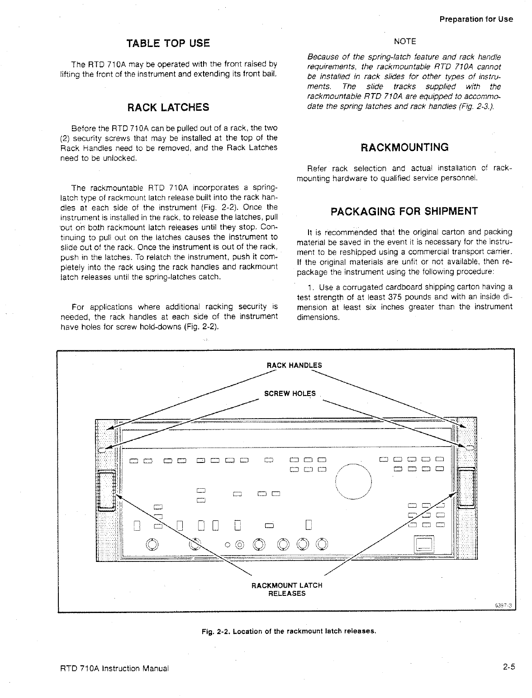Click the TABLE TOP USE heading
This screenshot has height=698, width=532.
point(168,43)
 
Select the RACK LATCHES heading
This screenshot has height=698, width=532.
point(168,108)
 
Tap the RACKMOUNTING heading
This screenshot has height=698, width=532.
point(404,147)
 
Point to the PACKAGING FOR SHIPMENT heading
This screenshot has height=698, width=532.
point(404,212)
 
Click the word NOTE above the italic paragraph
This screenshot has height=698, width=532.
point(404,41)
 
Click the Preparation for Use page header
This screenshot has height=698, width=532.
point(476,19)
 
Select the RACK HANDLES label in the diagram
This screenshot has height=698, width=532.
point(294,365)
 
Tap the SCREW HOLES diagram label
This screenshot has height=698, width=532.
point(290,394)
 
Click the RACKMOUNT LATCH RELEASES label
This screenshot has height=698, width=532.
point(287,589)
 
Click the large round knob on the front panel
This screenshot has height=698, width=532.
point(354,481)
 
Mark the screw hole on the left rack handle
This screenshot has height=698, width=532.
point(102,450)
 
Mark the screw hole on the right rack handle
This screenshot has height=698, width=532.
point(470,448)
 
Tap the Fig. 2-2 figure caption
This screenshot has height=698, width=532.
point(289,631)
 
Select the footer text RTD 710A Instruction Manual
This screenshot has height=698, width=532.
point(114,668)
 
